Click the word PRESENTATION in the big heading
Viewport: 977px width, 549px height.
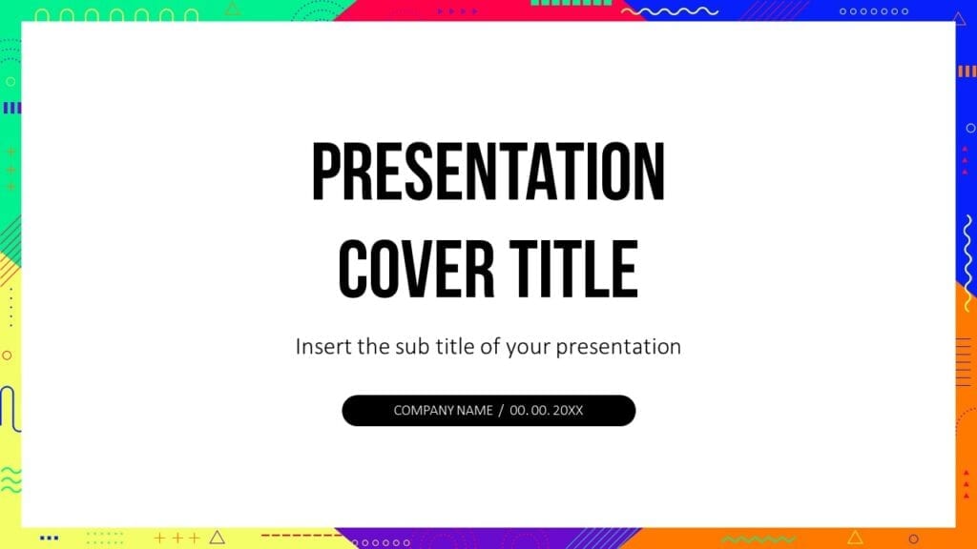coord(488,173)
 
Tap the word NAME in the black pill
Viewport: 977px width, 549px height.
coord(474,411)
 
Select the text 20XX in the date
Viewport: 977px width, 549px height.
coord(568,411)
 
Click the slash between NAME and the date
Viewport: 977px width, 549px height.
coord(502,411)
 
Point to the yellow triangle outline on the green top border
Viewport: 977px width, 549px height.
coord(232,9)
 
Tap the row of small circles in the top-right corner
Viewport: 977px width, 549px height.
coord(873,11)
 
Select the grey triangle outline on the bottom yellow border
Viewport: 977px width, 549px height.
coord(218,537)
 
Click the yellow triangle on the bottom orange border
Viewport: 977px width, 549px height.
coord(855,537)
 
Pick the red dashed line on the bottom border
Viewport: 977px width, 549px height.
coord(291,536)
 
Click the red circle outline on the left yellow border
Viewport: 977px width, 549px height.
coord(7,355)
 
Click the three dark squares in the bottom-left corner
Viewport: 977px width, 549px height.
coord(49,537)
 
